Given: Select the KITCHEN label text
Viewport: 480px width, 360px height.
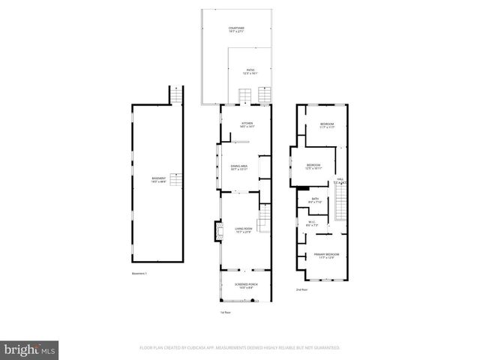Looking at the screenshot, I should pyautogui.click(x=247, y=124).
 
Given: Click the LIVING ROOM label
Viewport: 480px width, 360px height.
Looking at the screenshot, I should pyautogui.click(x=243, y=229).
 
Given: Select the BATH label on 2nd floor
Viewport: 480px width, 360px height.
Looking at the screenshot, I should pyautogui.click(x=315, y=200).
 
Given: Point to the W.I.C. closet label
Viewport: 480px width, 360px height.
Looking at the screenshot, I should pyautogui.click(x=311, y=223).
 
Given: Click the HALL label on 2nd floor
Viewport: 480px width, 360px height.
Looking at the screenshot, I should pyautogui.click(x=340, y=180).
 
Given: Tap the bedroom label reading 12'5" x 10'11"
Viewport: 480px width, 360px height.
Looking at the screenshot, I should pyautogui.click(x=313, y=166).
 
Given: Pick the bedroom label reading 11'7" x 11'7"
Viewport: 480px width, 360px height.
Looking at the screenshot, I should pyautogui.click(x=327, y=125).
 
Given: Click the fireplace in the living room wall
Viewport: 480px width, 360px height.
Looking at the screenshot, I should pyautogui.click(x=218, y=232).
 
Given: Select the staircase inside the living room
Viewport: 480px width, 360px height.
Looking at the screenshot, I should pyautogui.click(x=263, y=222).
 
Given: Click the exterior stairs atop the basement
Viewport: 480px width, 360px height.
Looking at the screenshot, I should pyautogui.click(x=177, y=97).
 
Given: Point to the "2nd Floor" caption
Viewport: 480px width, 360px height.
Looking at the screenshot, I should pyautogui.click(x=301, y=289).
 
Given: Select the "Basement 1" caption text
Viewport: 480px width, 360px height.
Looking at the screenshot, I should pyautogui.click(x=139, y=273).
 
